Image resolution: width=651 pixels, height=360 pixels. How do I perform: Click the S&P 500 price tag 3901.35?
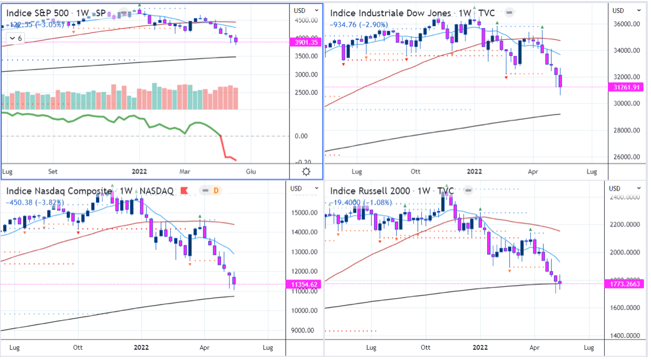click(306, 42)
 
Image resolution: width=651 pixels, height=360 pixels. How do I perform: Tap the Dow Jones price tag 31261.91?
click(627, 87)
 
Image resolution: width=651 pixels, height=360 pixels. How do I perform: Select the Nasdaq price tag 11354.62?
click(306, 284)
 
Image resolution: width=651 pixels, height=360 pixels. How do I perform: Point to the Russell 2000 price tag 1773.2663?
click(628, 283)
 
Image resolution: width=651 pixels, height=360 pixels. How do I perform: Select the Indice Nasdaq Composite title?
click(59, 191)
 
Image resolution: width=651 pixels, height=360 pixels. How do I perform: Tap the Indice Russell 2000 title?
click(369, 191)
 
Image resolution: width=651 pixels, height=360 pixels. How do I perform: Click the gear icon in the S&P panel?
click(306, 171)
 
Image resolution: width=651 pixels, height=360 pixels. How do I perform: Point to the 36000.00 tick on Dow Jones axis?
click(628, 24)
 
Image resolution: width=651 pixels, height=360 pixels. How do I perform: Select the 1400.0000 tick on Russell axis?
click(629, 335)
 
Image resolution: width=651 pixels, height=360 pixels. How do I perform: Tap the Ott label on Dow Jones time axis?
click(415, 172)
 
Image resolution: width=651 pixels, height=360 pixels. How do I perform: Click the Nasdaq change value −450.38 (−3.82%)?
click(34, 203)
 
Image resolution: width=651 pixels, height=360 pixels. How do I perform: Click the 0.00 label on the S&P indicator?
click(301, 136)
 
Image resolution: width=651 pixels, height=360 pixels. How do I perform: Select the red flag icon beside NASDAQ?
click(184, 190)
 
